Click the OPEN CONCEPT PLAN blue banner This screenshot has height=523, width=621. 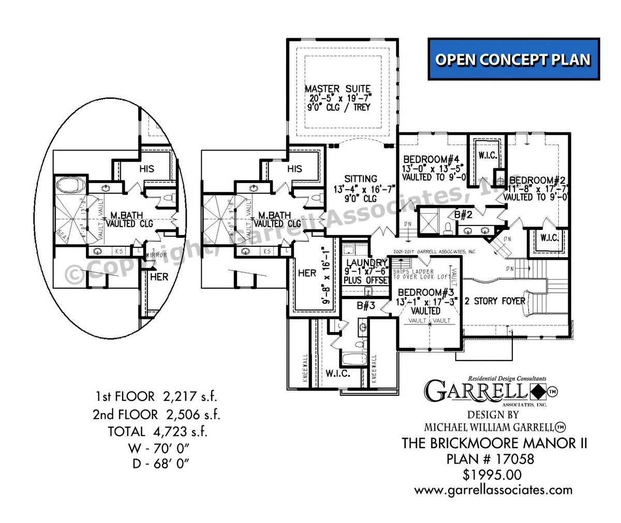coord(513,59)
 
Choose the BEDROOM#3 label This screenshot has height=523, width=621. coord(425,292)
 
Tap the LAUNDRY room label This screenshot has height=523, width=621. coord(367,262)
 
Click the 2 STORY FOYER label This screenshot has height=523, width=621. coord(495,301)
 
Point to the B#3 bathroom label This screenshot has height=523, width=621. coord(365,306)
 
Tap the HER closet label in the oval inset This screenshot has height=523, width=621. coord(159,277)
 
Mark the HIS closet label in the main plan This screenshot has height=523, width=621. coord(294,169)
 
